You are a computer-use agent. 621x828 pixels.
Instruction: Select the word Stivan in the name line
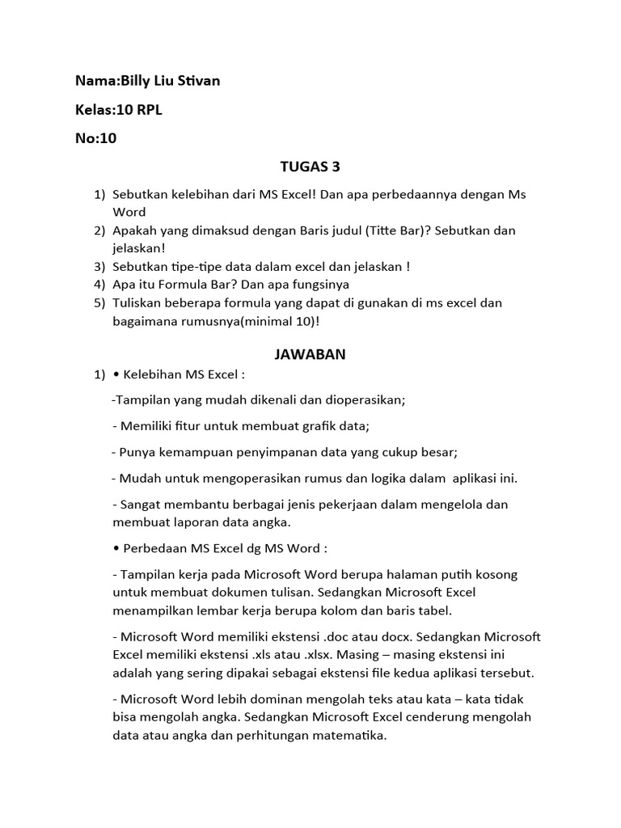pyautogui.click(x=197, y=81)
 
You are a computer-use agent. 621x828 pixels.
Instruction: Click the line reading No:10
pyautogui.click(x=96, y=138)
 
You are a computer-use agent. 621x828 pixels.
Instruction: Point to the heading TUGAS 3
pyautogui.click(x=310, y=167)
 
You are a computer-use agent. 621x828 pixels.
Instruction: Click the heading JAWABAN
pyautogui.click(x=310, y=354)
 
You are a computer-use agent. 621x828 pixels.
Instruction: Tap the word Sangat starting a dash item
pyautogui.click(x=140, y=505)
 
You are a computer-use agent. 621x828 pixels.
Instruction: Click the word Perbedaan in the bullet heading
pyautogui.click(x=155, y=548)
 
